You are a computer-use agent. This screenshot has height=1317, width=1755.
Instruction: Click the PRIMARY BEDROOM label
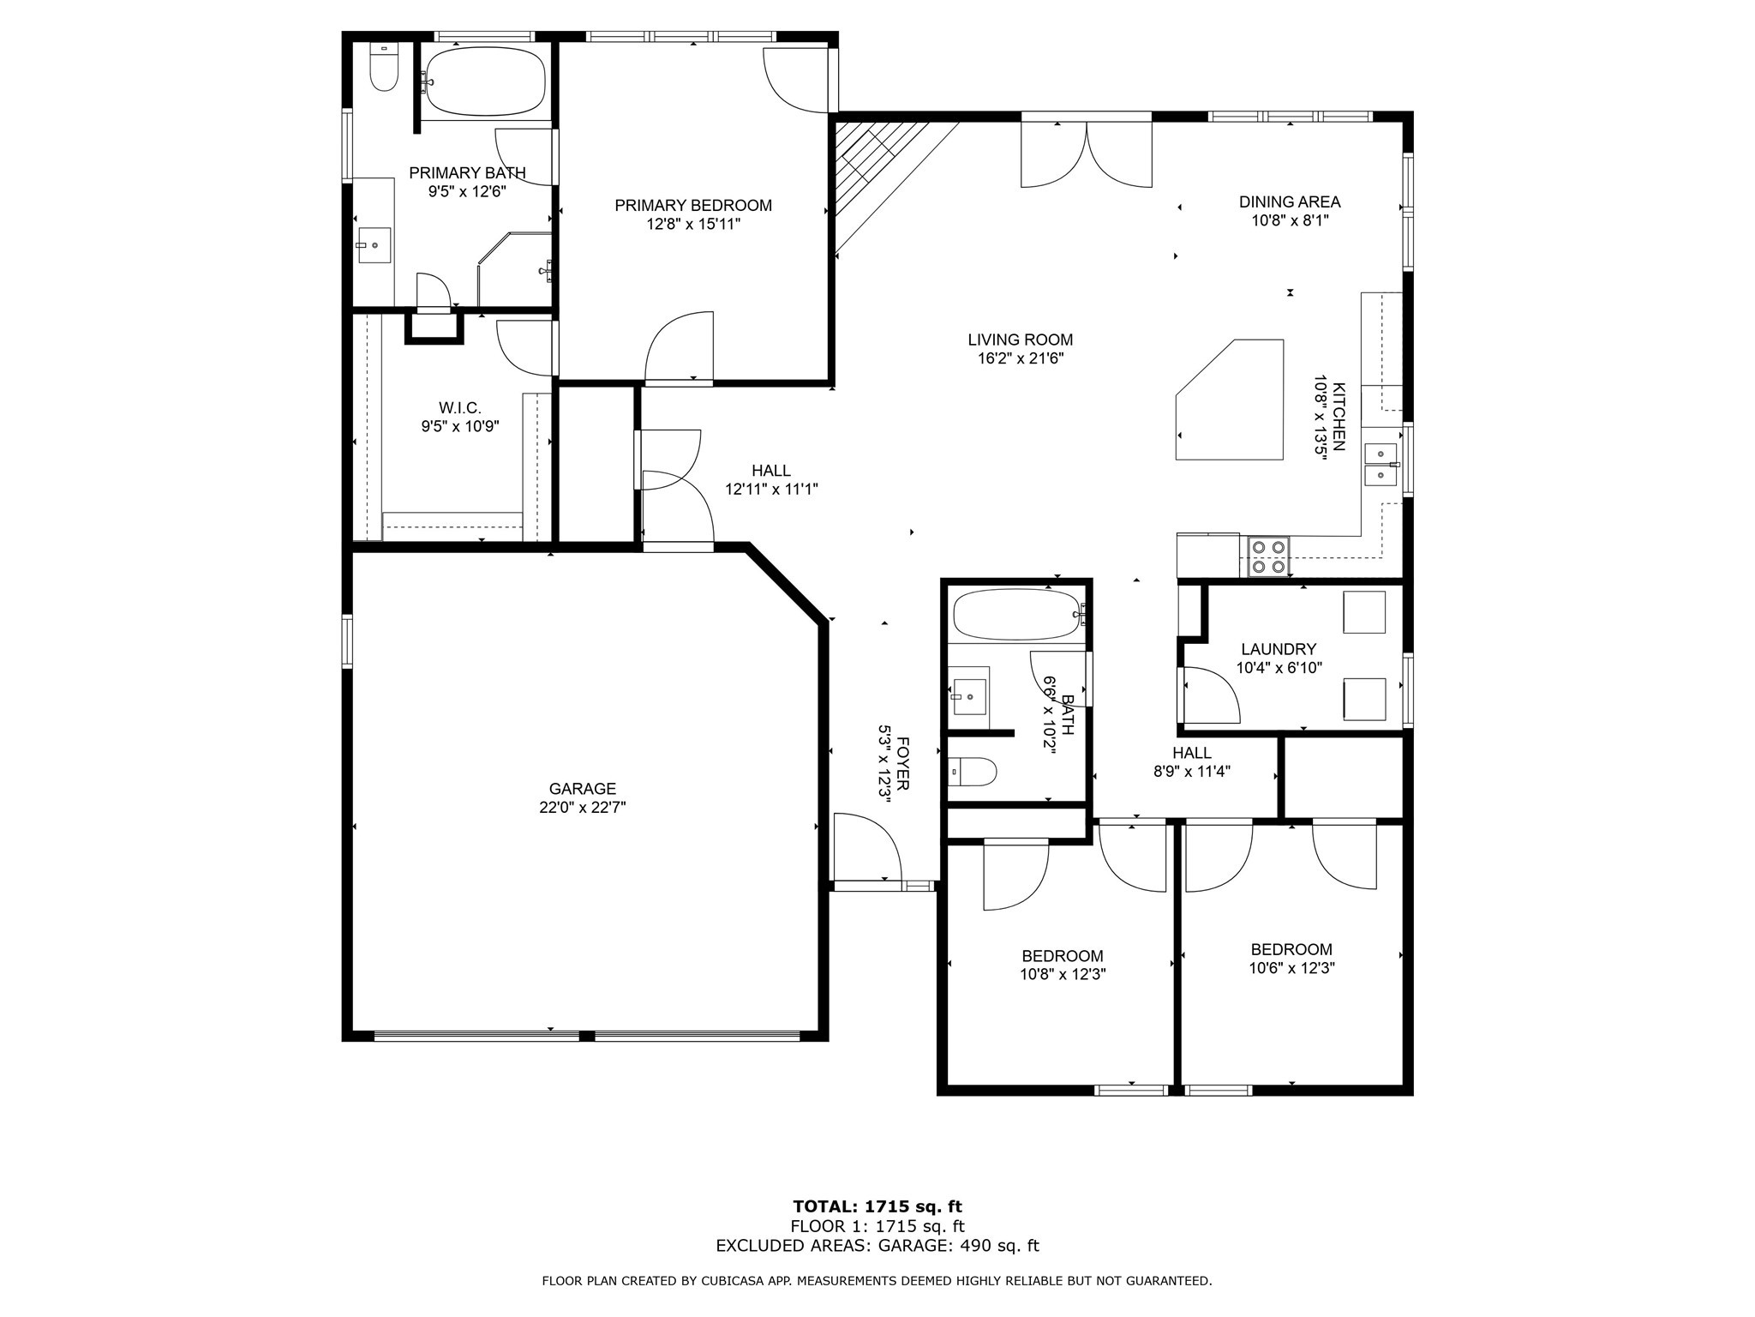tap(692, 206)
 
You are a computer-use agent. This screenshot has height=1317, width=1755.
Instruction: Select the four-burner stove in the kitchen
tap(1269, 556)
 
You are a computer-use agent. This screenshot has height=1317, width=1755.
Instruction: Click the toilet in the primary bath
tap(383, 70)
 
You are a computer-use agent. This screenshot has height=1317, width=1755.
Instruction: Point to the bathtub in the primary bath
tap(485, 81)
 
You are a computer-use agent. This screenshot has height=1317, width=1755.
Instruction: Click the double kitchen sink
tap(1381, 464)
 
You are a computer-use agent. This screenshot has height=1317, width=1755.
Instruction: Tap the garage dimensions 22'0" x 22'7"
tap(582, 808)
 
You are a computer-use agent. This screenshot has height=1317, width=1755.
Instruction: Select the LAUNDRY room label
tap(1278, 650)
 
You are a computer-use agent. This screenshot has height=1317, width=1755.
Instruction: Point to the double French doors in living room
tap(1086, 154)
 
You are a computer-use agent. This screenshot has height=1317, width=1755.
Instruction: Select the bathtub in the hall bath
tap(1016, 614)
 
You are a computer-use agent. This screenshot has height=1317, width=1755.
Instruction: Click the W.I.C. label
tap(459, 408)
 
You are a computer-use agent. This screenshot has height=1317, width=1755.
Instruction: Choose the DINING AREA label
tap(1289, 202)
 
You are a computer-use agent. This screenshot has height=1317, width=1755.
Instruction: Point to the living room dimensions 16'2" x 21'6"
tap(1020, 359)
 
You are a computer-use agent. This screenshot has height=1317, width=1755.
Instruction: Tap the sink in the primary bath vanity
tap(374, 245)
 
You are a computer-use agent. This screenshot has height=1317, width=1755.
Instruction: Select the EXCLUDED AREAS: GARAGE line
tap(877, 1246)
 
